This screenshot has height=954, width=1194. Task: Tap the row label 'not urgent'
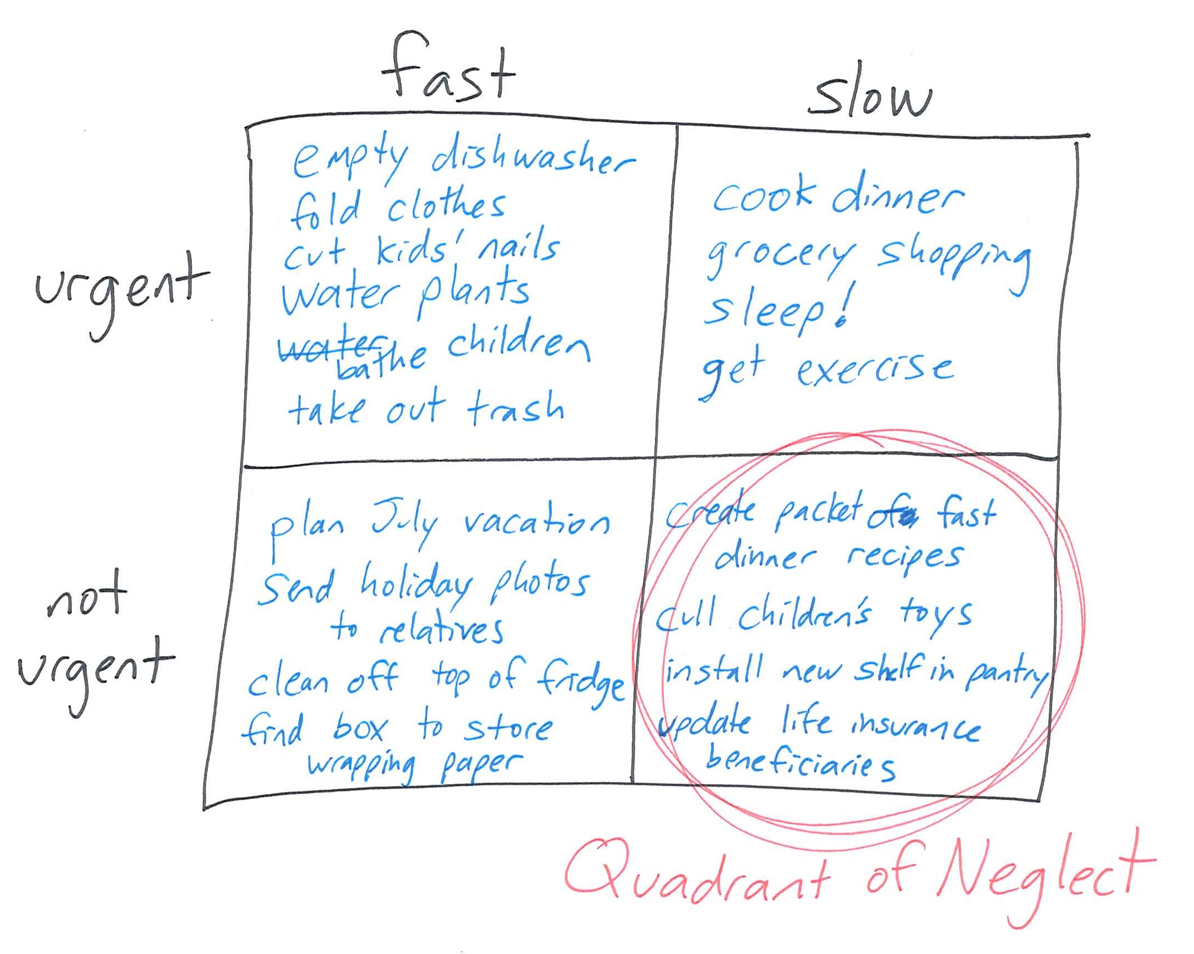point(94,642)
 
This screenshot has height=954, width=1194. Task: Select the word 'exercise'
point(875,369)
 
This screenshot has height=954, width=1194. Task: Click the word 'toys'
point(936,615)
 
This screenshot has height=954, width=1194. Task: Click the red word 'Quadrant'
point(698,876)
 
